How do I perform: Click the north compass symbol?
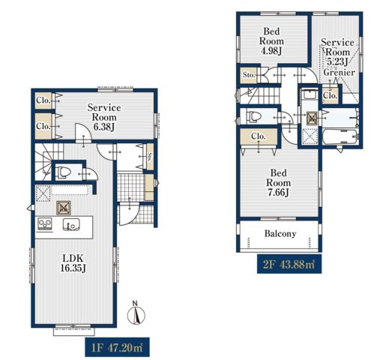136,314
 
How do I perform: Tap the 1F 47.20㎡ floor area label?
117,347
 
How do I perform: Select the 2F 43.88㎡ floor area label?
289,264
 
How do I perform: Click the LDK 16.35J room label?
73,263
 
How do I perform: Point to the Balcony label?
280,234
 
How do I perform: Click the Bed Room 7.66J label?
278,183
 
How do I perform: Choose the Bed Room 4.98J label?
271,41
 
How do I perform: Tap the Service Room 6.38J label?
104,117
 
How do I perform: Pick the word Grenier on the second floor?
339,73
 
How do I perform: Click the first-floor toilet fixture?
63,172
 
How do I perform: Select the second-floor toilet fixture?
253,116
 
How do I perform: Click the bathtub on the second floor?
340,136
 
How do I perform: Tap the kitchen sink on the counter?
71,224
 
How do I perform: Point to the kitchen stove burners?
45,223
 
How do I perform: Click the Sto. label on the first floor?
150,157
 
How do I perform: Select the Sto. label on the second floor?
249,75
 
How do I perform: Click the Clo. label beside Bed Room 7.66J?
259,136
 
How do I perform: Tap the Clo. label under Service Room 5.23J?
331,95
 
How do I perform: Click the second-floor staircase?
259,95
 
